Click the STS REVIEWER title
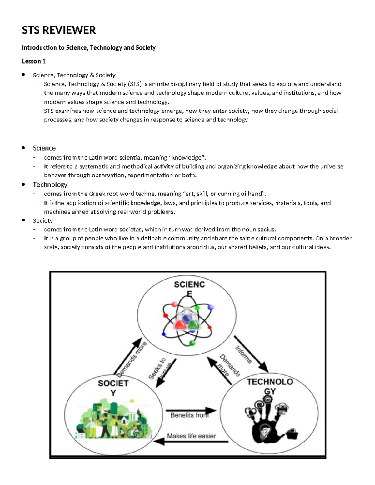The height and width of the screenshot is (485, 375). tap(59, 30)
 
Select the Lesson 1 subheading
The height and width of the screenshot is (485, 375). tap(34, 61)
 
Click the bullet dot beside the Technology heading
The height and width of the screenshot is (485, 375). tap(23, 184)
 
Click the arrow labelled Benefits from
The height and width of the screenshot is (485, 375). tap(191, 410)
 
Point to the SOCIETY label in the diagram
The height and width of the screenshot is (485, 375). tap(113, 388)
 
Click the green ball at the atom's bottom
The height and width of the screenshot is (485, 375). tap(192, 343)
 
